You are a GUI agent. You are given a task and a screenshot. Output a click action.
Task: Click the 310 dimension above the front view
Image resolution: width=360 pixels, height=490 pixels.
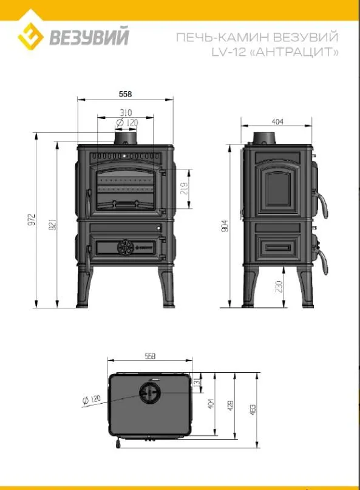pos(126,113)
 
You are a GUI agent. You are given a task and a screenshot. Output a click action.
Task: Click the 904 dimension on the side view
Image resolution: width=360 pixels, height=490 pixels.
pos(225,225)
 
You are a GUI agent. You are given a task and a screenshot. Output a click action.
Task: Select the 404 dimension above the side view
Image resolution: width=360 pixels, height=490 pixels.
pos(277,122)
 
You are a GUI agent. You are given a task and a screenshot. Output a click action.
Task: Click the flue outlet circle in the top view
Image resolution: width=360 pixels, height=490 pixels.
pos(150,394)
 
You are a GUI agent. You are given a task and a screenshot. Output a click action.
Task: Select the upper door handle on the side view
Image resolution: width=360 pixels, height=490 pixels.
pos(325,204)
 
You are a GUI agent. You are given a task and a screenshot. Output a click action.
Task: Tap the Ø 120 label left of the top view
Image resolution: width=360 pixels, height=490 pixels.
pos(91,400)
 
